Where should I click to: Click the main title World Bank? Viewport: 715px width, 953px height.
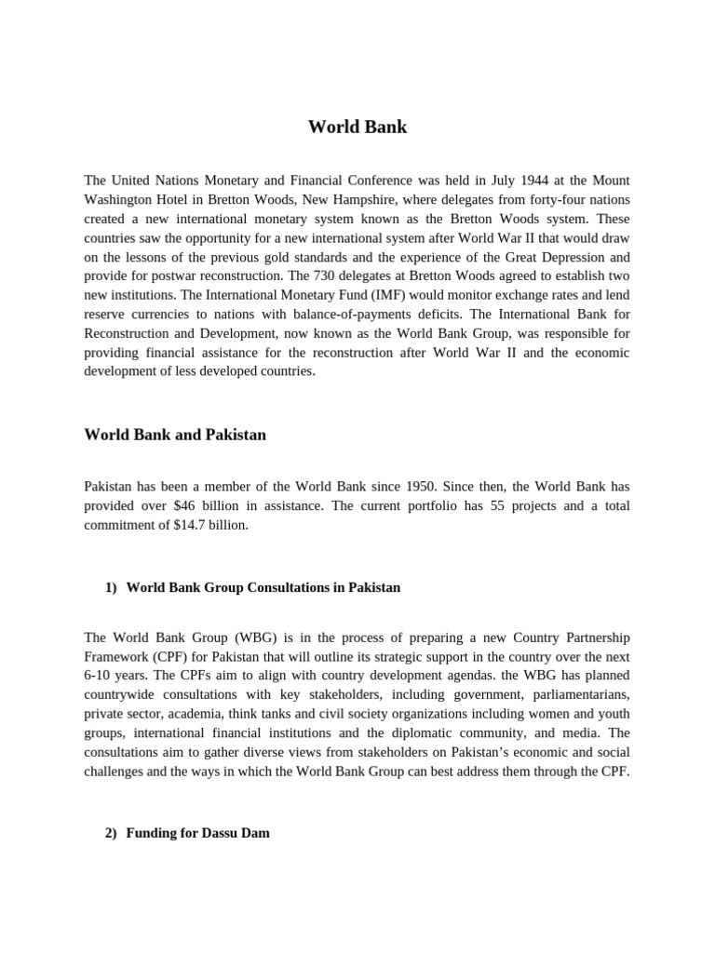pos(357,128)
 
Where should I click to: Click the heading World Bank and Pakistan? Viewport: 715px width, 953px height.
pos(175,435)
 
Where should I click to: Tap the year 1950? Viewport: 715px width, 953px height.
pos(405,486)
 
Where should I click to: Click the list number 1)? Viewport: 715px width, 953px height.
pos(112,587)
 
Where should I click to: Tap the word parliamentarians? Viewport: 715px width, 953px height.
pos(575,694)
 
